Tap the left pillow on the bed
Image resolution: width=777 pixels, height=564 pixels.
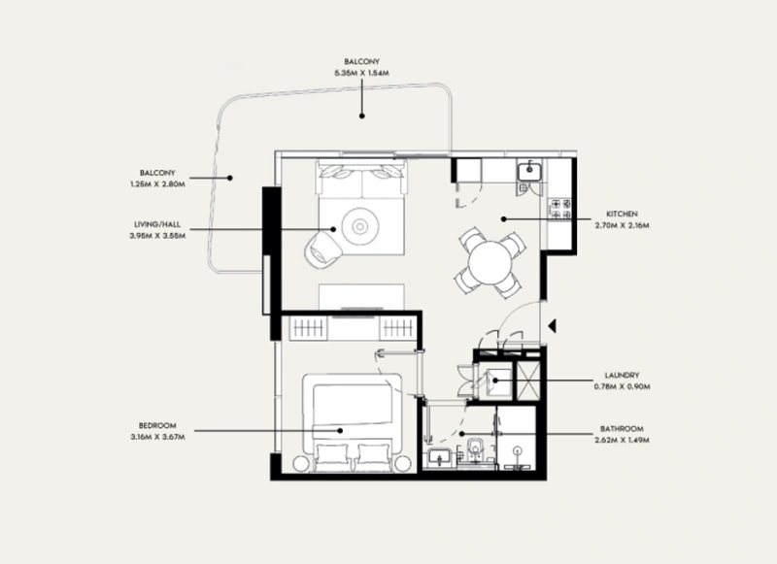click(327, 456)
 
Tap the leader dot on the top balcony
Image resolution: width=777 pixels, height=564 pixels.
click(362, 116)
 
